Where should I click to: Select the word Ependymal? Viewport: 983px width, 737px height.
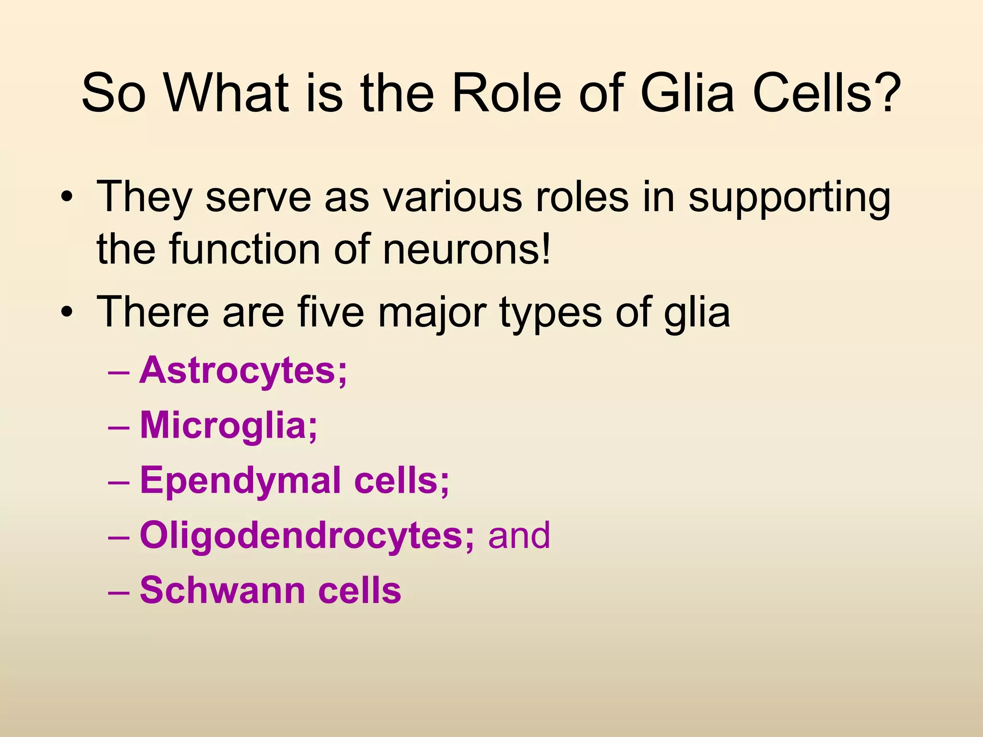click(x=240, y=481)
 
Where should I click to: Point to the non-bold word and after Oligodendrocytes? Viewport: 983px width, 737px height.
click(x=519, y=536)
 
